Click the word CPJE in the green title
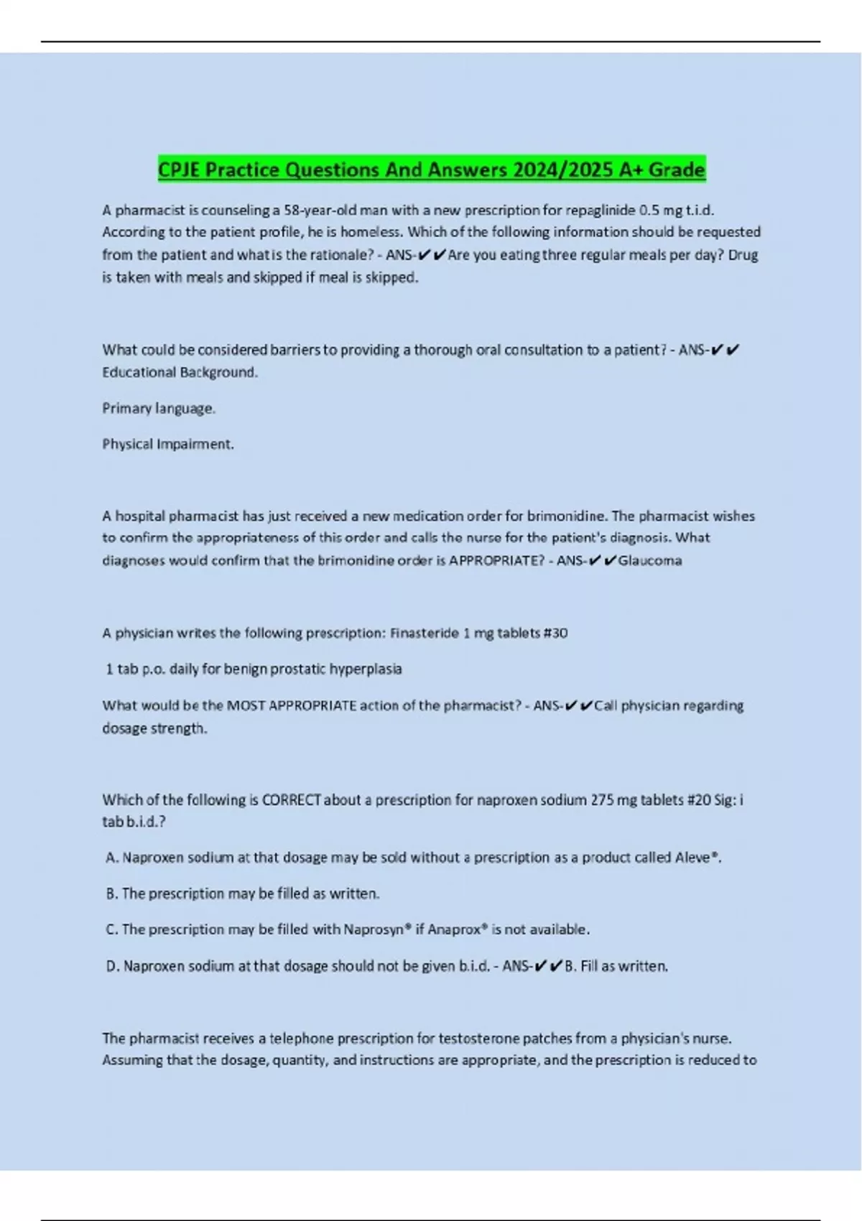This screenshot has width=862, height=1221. (x=180, y=170)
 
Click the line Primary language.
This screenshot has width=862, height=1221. (x=159, y=409)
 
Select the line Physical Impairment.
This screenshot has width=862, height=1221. (x=168, y=445)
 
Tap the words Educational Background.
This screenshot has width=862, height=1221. (x=180, y=373)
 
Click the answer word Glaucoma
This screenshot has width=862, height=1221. (x=650, y=561)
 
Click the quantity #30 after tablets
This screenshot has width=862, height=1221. (x=556, y=633)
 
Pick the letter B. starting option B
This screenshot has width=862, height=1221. (x=111, y=893)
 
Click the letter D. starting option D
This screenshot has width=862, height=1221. (x=112, y=967)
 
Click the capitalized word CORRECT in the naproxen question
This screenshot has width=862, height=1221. (x=292, y=800)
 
